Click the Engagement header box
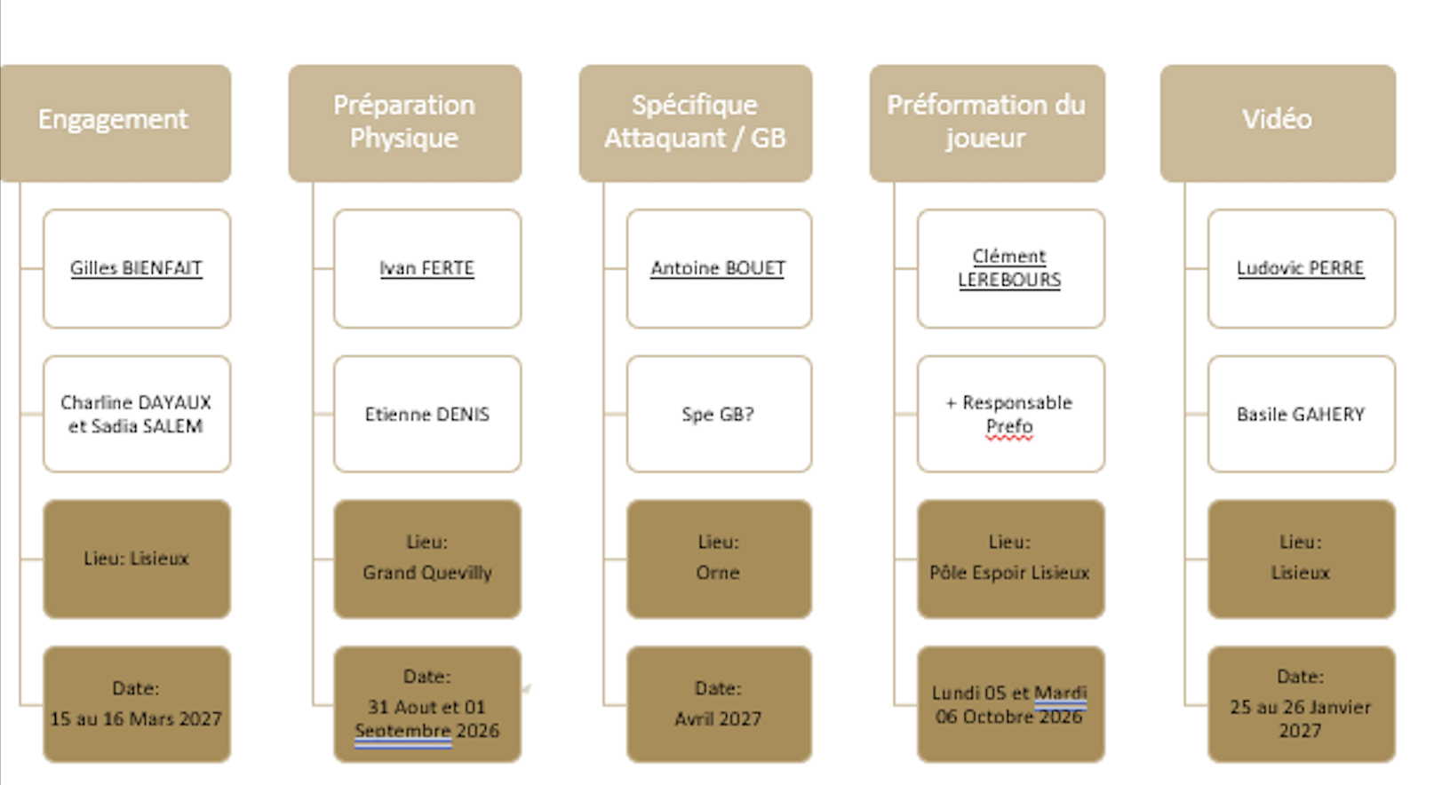pos(116,123)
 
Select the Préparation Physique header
pos(404,123)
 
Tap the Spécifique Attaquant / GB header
pos(696,123)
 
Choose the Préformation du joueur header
pos(986,123)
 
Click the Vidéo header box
pos(1278,123)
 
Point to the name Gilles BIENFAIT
pos(136,268)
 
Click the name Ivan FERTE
pos(427,268)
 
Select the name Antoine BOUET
pos(718,268)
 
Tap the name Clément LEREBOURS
pos(1009,268)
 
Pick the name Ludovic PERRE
pos(1300,268)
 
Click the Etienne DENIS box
pos(427,414)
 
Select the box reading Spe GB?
pos(719,414)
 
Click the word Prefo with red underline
pos(1009,427)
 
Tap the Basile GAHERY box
pos(1302,414)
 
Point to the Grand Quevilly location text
pos(427,572)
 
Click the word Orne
pos(718,572)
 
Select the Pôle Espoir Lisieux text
pos(1009,572)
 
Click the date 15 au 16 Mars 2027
pos(136,718)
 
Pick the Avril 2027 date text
pos(718,718)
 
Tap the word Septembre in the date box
pos(403,731)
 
